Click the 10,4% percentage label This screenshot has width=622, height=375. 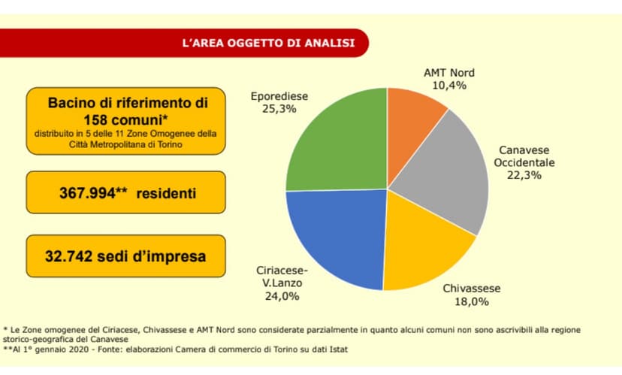coord(449,86)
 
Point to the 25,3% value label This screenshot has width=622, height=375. coord(279,109)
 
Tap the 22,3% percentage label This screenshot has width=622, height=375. coord(524,175)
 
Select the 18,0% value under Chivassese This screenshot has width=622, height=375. coord(472,301)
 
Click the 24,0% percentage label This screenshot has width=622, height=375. coord(282,296)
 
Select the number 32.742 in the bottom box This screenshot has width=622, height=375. coord(68,256)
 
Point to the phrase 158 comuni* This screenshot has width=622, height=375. coord(125,119)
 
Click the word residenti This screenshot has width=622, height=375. coord(166,194)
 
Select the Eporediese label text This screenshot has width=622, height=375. coord(279,96)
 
